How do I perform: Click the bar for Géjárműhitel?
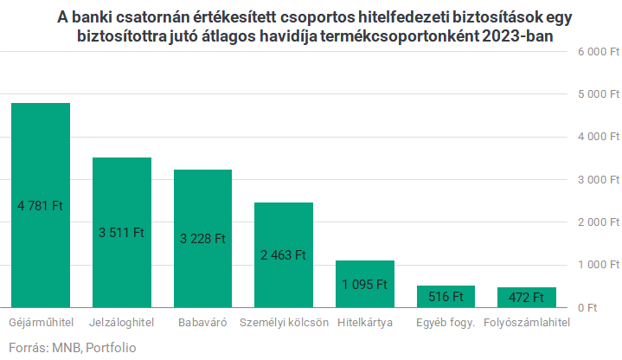click(41, 205)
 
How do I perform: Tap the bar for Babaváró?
click(202, 238)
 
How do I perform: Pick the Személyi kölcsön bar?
click(283, 254)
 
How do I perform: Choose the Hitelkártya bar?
click(364, 284)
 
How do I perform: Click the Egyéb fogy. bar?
click(446, 296)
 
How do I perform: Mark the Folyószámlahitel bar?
click(526, 297)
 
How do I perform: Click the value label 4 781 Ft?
click(41, 206)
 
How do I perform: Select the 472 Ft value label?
click(526, 298)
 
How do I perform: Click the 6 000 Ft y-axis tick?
click(598, 52)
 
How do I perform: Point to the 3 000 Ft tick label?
click(598, 179)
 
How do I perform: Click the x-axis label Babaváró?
click(202, 323)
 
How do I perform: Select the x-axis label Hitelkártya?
click(364, 323)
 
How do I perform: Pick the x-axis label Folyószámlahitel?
click(526, 323)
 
